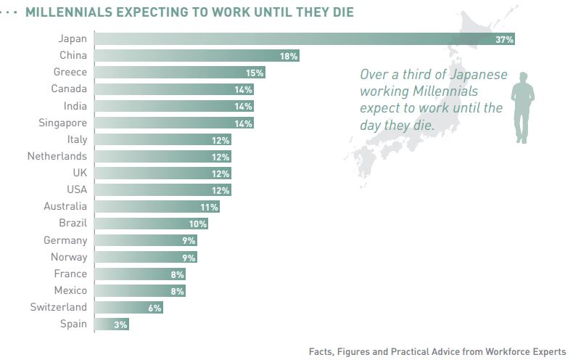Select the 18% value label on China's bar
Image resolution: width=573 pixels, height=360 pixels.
point(289,56)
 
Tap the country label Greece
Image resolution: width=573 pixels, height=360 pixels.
point(70,72)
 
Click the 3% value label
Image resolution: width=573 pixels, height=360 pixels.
point(120,324)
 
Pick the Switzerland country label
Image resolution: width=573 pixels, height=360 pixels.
point(58,307)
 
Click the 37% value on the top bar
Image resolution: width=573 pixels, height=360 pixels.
point(504,39)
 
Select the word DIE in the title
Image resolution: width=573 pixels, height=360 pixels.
point(341,12)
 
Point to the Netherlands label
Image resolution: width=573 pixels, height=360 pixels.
point(57,156)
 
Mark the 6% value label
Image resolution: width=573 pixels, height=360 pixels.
point(155,308)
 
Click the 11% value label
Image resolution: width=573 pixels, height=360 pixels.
point(210,207)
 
